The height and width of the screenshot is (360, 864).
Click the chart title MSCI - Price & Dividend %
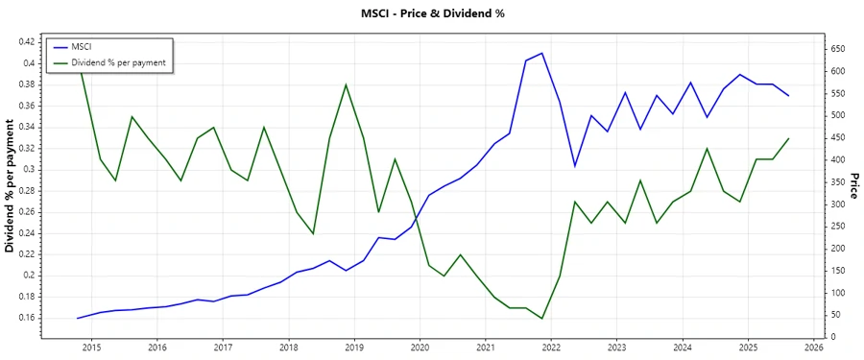(x=431, y=13)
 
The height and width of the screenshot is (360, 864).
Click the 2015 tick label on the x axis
(x=91, y=348)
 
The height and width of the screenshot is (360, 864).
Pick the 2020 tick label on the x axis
(x=420, y=348)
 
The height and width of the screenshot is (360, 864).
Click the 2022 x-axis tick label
(x=551, y=348)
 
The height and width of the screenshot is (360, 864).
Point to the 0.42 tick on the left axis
(x=26, y=42)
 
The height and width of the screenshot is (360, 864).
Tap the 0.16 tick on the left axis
(x=26, y=318)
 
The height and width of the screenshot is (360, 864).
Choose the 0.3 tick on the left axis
(x=30, y=170)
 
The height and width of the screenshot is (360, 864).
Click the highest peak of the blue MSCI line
(x=542, y=53)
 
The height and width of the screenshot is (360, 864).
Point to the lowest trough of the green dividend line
(x=542, y=319)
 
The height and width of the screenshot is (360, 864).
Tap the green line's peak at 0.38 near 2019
(x=346, y=84)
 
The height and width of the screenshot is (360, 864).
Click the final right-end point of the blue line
(x=789, y=96)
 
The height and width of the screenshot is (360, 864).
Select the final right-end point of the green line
(x=789, y=138)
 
